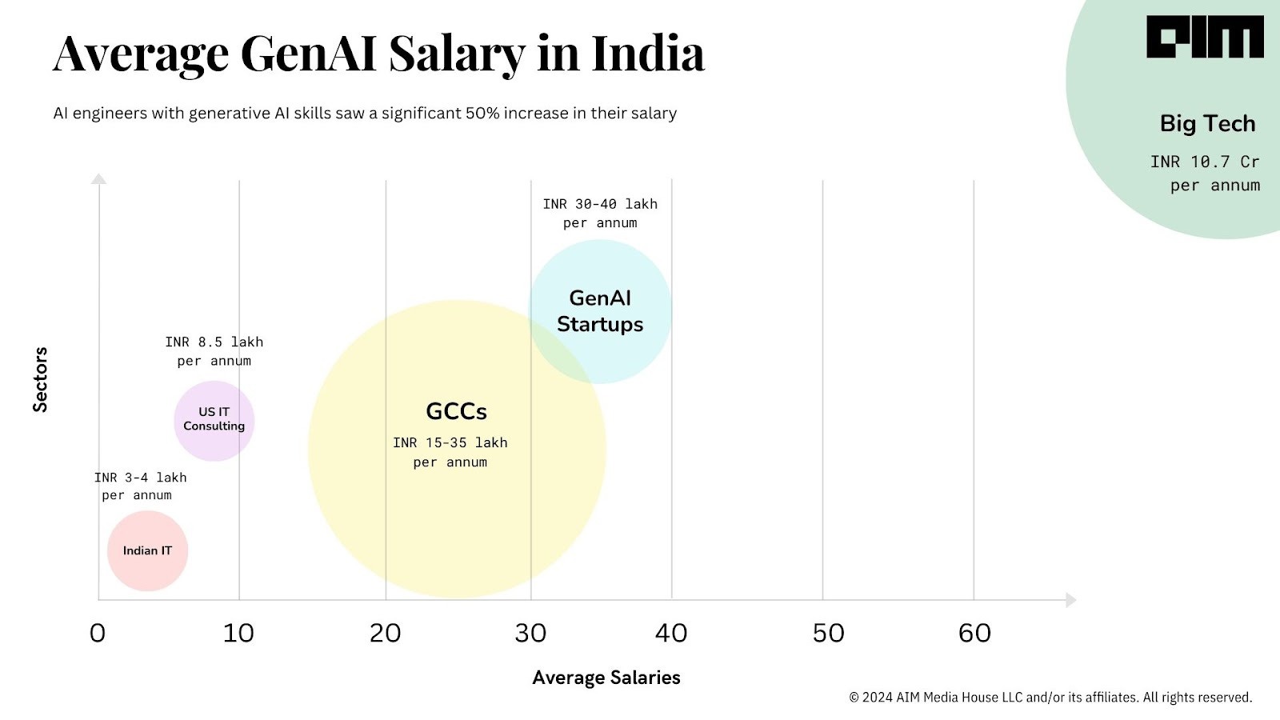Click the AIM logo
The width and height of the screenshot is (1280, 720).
(x=1205, y=38)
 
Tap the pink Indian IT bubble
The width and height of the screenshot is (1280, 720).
(x=147, y=550)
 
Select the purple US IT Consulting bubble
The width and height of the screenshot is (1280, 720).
(x=214, y=420)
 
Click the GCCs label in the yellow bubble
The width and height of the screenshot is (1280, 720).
(x=456, y=411)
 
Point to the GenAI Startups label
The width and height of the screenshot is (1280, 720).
(x=600, y=311)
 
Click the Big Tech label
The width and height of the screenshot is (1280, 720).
(x=1207, y=124)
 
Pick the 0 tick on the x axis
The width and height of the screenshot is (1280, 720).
(x=98, y=633)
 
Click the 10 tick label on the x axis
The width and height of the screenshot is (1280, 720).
(x=238, y=633)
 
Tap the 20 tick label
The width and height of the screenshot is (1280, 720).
(x=385, y=633)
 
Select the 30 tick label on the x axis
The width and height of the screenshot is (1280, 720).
(x=530, y=633)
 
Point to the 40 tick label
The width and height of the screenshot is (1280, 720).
(x=671, y=633)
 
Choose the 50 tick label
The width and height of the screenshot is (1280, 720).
(x=829, y=633)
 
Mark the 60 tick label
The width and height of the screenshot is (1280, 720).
(x=974, y=633)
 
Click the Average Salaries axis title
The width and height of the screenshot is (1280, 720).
(x=606, y=678)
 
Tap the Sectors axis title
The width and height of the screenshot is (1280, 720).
(x=40, y=380)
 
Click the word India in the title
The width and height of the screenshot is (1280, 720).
(x=648, y=54)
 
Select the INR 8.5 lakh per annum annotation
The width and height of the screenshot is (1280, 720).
(x=214, y=351)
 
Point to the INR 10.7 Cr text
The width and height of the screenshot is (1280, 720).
(x=1205, y=162)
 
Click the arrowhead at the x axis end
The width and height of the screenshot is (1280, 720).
(x=1070, y=600)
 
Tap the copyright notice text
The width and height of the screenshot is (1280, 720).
(x=1050, y=698)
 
